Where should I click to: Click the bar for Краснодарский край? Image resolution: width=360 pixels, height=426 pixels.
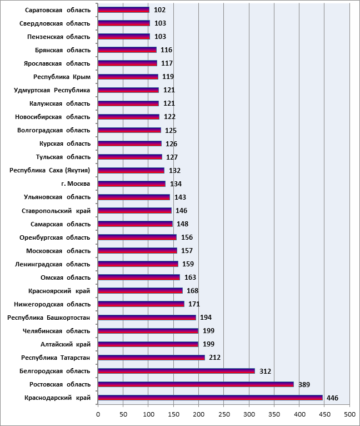tap(210, 398)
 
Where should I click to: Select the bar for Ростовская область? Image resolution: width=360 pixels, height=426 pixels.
tap(196, 384)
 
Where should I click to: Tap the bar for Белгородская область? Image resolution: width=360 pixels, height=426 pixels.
tap(177, 371)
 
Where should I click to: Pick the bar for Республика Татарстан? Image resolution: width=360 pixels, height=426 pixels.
tap(151, 358)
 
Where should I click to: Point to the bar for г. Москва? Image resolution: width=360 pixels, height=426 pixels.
tap(132, 184)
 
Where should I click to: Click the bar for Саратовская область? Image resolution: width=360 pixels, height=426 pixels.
tap(123, 10)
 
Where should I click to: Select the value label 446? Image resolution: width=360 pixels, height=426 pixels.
tap(332, 398)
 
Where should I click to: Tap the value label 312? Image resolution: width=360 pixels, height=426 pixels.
tap(265, 371)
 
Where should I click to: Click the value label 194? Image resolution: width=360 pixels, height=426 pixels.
tap(206, 318)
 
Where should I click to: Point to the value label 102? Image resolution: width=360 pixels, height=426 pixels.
tap(159, 10)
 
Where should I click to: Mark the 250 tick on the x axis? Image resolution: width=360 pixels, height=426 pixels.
tap(224, 414)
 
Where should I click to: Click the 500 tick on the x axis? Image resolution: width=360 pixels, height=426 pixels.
tap(349, 414)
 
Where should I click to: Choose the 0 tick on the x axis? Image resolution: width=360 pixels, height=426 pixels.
tap(98, 414)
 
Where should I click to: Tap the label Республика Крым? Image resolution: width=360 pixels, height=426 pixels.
tap(62, 77)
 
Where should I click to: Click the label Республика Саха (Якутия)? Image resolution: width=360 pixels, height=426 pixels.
tap(49, 170)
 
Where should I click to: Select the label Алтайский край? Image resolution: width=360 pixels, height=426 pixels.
tap(66, 344)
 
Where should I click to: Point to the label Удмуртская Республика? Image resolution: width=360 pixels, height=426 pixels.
tap(52, 90)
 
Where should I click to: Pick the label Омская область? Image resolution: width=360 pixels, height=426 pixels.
tap(66, 278)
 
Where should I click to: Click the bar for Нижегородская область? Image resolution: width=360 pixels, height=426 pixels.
tap(141, 304)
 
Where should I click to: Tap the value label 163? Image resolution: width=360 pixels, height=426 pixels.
tap(190, 278)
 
